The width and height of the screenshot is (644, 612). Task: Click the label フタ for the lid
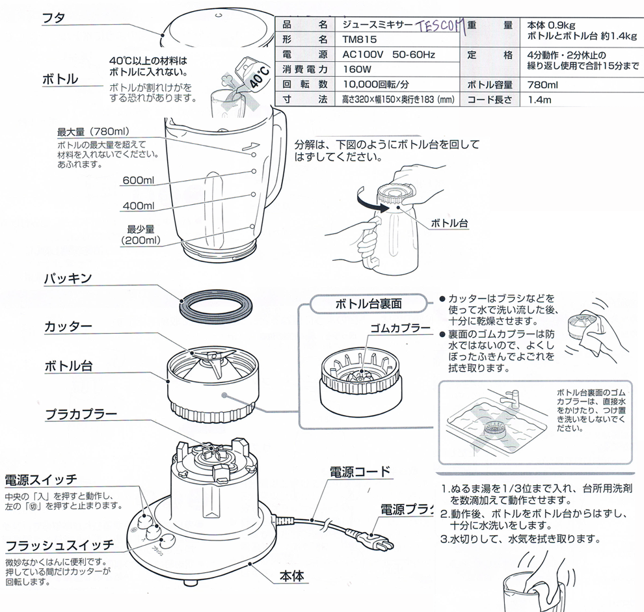(x=53, y=19)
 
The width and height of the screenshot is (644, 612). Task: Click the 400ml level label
(x=139, y=206)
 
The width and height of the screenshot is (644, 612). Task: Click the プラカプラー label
(x=81, y=414)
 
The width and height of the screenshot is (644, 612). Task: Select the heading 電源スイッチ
(x=41, y=481)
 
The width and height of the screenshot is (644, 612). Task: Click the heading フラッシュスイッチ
(x=59, y=544)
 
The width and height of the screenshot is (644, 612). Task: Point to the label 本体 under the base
(x=293, y=576)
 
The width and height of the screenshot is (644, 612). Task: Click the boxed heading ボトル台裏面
(x=369, y=303)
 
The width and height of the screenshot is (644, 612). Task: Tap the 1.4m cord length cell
(x=539, y=100)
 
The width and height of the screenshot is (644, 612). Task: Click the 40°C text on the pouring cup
(x=260, y=75)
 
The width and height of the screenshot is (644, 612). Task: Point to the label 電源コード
(x=360, y=472)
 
